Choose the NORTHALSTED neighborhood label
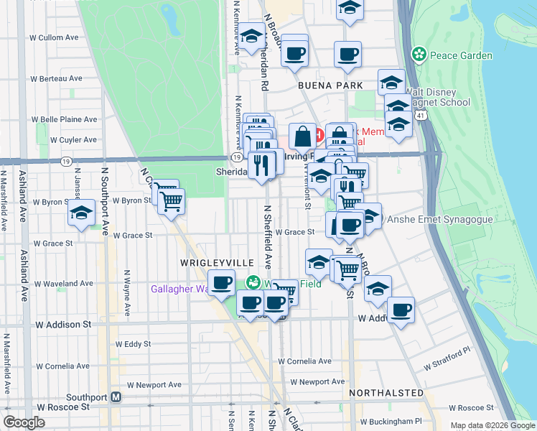(x=386, y=393)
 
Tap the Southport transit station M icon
(x=116, y=397)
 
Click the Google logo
(x=24, y=422)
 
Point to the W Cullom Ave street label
(x=52, y=37)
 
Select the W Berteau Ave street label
(x=55, y=78)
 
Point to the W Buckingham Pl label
(x=391, y=422)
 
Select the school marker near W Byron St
(x=83, y=213)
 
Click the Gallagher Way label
(x=178, y=289)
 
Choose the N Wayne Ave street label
(x=127, y=293)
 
